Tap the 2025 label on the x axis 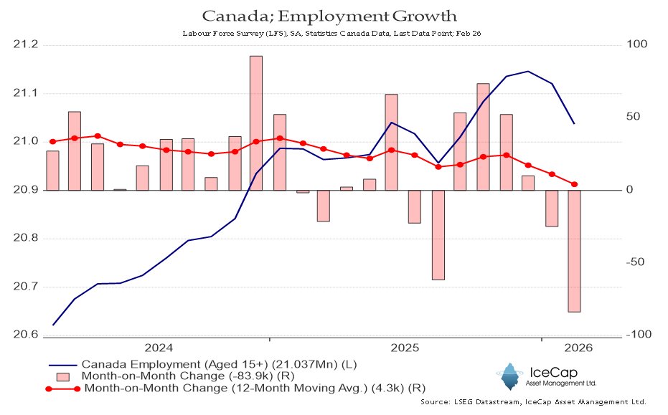click(405, 348)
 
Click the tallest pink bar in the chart click(256, 123)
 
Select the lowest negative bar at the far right click(574, 251)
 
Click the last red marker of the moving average click(574, 184)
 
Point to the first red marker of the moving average click(52, 142)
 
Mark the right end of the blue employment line click(574, 124)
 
